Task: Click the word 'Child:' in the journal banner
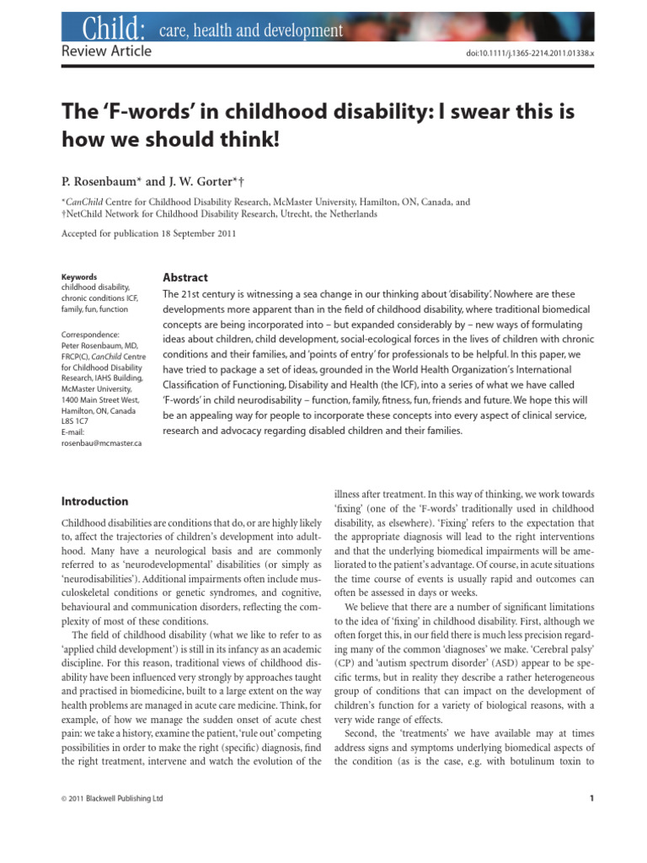[x=112, y=30]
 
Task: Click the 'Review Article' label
[x=107, y=51]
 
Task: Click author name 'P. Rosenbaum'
[x=101, y=181]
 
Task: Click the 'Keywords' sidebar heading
[x=80, y=276]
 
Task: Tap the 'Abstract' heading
[x=184, y=277]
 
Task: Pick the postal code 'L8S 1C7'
[x=77, y=422]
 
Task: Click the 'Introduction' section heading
[x=94, y=501]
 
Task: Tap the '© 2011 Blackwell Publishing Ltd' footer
[x=113, y=798]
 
